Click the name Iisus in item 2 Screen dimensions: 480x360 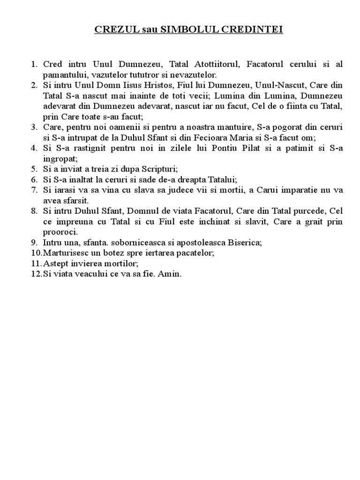132,85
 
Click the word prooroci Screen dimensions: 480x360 60,232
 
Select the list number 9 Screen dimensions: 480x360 34,242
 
